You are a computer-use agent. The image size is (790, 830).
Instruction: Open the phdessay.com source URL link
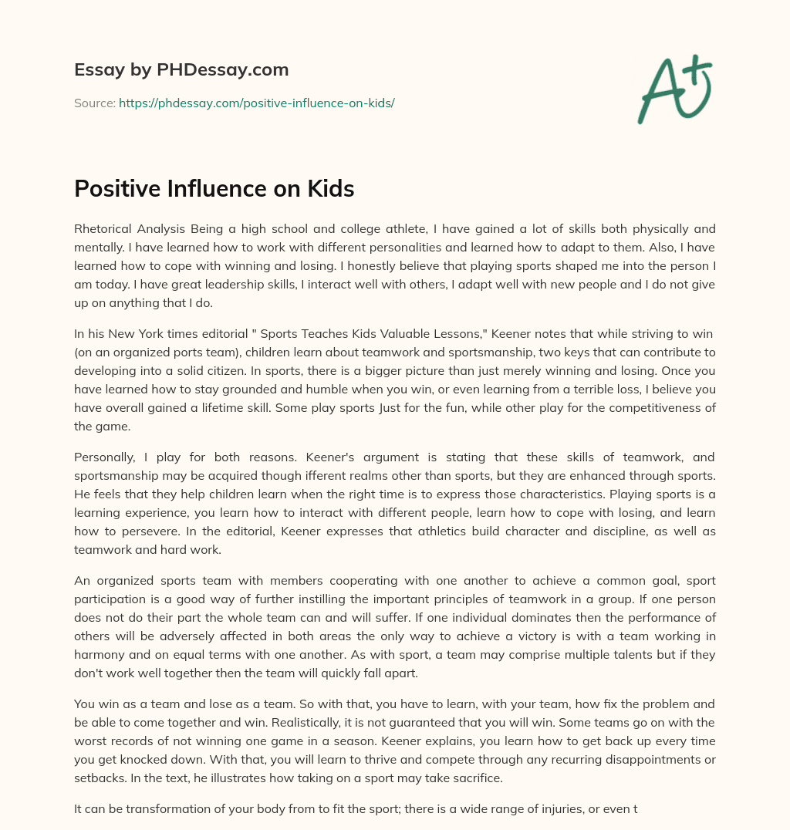click(257, 103)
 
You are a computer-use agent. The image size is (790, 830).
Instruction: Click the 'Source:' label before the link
click(95, 103)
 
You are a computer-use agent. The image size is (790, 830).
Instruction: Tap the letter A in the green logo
click(660, 93)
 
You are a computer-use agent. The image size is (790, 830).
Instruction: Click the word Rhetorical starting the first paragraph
click(105, 228)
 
